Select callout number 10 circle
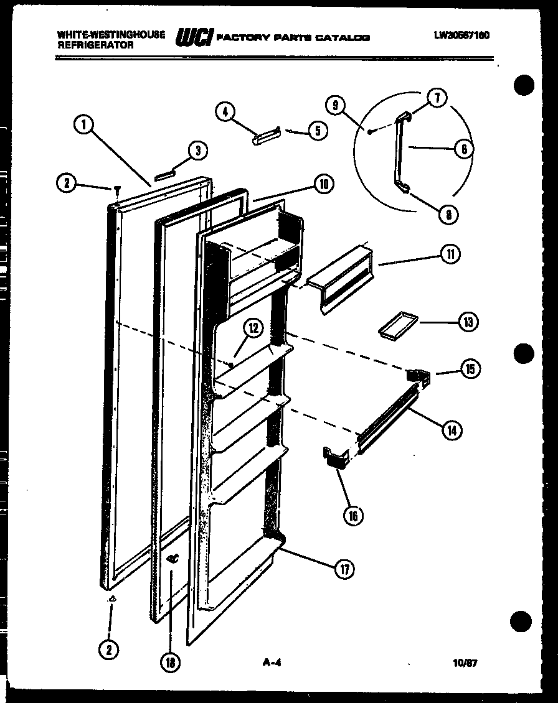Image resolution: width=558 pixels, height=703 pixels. [x=323, y=184]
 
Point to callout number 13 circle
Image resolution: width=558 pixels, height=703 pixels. [x=468, y=322]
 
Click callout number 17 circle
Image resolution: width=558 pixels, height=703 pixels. [x=344, y=569]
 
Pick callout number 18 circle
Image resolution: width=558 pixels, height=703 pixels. [x=169, y=663]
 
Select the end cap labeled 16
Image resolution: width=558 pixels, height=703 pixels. [x=334, y=459]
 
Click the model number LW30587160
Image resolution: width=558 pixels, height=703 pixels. [x=461, y=35]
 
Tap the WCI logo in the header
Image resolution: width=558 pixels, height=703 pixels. [x=194, y=37]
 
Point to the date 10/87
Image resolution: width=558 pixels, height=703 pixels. [x=466, y=663]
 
